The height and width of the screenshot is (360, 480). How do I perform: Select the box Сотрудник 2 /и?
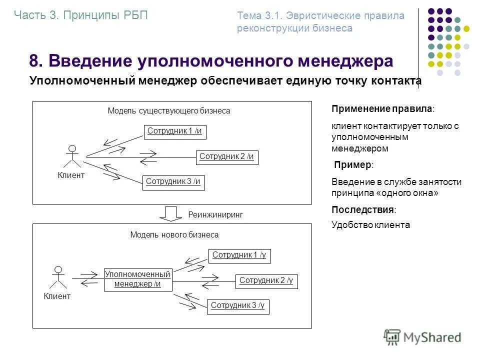tap(227, 157)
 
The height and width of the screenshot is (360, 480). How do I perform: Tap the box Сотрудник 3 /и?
tap(174, 182)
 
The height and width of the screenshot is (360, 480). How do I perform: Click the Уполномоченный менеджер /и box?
tap(137, 279)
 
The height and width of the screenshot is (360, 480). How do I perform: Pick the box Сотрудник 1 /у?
tap(239, 255)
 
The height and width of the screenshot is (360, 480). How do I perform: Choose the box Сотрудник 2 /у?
tap(266, 281)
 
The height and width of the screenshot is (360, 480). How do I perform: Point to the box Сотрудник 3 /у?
tap(238, 306)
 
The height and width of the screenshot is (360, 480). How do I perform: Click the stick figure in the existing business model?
tap(72, 156)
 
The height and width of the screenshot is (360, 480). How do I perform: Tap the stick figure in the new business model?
tap(58, 277)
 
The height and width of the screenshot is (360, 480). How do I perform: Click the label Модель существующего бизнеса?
tap(169, 111)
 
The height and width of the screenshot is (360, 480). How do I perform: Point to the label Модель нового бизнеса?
tap(174, 234)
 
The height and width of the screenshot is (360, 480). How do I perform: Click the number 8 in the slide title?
tap(34, 61)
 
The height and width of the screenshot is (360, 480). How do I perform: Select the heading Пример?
tap(353, 165)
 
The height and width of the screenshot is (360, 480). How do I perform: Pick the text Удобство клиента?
tap(370, 225)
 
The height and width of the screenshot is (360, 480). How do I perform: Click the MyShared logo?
tap(422, 337)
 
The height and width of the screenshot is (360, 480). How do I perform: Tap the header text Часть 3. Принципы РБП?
tap(81, 15)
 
